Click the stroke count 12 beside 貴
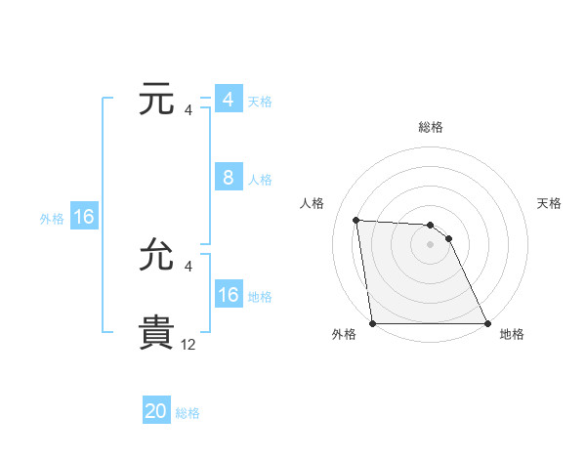(x=188, y=344)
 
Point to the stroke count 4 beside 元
(x=188, y=109)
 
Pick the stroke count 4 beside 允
(x=188, y=266)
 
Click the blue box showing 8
(x=229, y=178)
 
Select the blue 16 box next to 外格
(x=84, y=217)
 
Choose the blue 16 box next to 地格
(x=229, y=295)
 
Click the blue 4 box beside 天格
(x=229, y=100)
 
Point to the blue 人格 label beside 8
(x=260, y=180)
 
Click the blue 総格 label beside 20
(x=188, y=413)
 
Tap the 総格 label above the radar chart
(x=431, y=127)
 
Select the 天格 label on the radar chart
(x=549, y=203)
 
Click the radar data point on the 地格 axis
(x=487, y=323)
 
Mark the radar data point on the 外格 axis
(x=373, y=323)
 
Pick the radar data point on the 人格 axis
(x=356, y=220)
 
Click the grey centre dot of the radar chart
(x=431, y=244)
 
